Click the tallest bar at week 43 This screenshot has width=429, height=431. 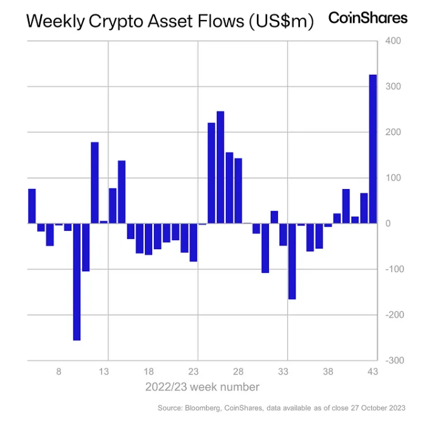click(x=373, y=149)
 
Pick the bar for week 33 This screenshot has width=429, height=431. click(x=283, y=235)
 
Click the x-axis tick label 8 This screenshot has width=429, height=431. click(x=59, y=372)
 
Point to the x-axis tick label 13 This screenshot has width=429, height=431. click(x=104, y=372)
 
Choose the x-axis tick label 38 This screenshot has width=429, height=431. click(x=328, y=372)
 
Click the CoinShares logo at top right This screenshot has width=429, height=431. click(x=368, y=18)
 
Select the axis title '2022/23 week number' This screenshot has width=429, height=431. click(x=202, y=387)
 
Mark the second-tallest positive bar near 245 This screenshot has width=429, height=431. click(x=220, y=167)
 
